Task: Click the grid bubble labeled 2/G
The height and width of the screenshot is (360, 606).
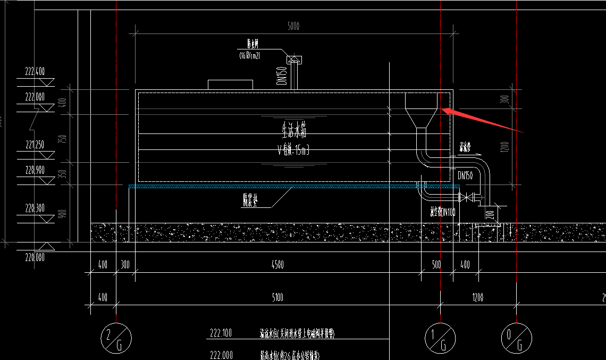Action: coord(115,337)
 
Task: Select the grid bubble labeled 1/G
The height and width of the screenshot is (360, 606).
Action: coord(441,337)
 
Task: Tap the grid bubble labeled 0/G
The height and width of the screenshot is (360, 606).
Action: coord(517,337)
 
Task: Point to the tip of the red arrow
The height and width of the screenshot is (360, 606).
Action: coord(443,110)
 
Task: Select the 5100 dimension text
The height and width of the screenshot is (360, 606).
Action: coord(277,298)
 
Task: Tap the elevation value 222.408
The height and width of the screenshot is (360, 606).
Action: coord(34,71)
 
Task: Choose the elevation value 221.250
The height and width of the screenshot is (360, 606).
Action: coord(34,144)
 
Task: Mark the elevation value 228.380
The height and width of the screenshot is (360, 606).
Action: coord(34,208)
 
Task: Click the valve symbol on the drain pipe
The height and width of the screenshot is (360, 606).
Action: coord(467,198)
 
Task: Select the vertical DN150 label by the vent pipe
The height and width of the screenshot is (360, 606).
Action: coord(282,75)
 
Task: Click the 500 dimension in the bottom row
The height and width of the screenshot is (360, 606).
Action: coord(436,264)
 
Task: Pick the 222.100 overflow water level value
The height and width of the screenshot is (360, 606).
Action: coord(221,334)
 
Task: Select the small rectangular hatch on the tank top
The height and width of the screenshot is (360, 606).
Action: coord(230,85)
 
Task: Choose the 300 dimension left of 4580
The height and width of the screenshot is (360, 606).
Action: coord(125,264)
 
